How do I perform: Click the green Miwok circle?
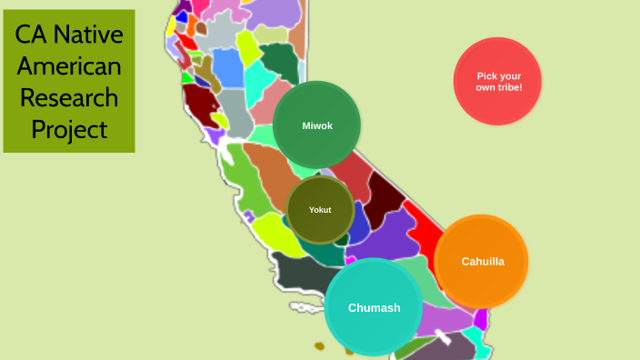(316, 125)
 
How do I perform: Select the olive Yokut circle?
(319, 210)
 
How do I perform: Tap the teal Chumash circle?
(374, 307)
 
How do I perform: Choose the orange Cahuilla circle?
(481, 262)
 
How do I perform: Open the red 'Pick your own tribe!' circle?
(497, 81)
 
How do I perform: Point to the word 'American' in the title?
(69, 66)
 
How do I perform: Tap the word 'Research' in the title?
(69, 97)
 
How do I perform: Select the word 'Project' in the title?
(69, 128)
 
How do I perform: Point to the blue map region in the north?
(227, 67)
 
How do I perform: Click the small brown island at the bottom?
(319, 346)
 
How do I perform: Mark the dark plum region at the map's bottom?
(455, 348)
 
